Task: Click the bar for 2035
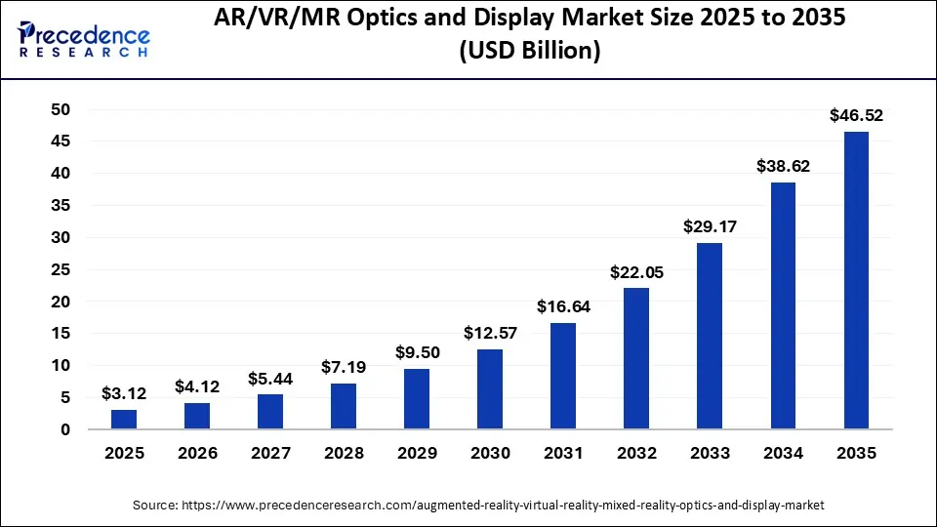coord(856,280)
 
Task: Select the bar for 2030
coord(490,388)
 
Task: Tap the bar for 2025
coord(124,419)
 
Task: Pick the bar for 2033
coord(710,336)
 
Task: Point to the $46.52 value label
coord(856,115)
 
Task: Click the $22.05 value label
coord(636,272)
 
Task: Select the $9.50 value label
coord(417,352)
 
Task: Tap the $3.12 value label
coord(124,393)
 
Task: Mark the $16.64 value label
coord(563,306)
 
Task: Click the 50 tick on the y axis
coord(60,110)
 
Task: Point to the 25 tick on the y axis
coord(60,269)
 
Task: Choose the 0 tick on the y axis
coord(65,429)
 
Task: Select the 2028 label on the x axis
coord(344,454)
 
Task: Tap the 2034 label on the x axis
coord(783,454)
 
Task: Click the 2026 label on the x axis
coord(197,454)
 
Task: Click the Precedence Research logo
coord(84,39)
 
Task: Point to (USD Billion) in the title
coord(529,52)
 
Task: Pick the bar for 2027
coord(270,411)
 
